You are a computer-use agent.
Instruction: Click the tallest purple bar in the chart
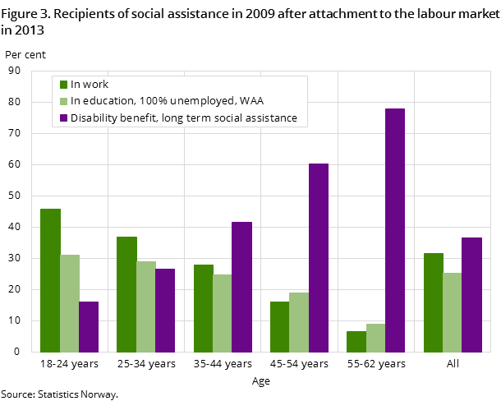394,230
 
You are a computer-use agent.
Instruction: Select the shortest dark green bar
356,341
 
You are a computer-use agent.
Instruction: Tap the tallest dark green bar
50,280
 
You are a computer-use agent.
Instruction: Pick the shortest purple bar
89,326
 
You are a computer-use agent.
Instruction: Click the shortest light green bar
375,338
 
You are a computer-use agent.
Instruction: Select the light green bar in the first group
70,303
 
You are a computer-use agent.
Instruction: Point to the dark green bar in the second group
126,294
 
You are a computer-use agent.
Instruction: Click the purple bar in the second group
165,310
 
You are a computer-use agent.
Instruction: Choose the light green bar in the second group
146,307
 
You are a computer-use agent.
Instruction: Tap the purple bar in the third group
241,287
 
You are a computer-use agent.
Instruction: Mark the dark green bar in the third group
203,308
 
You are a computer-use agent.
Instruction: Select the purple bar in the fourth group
318,257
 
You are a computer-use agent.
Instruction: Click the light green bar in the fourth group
299,322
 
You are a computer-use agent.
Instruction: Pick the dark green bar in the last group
433,302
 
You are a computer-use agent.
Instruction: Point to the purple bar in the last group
471,294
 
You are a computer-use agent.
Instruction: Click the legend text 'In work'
90,84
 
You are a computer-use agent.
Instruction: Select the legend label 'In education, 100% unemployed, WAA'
161,101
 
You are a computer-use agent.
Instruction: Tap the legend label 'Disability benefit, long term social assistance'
184,118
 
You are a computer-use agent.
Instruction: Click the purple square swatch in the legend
63,118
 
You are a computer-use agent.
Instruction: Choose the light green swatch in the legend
63,101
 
